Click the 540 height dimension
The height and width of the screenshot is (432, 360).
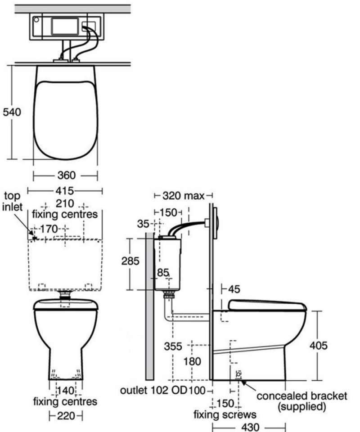click(x=12, y=112)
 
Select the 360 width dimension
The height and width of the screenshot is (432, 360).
click(x=67, y=175)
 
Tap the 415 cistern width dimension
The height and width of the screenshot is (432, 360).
click(x=65, y=191)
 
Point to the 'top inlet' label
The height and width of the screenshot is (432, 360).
click(x=12, y=202)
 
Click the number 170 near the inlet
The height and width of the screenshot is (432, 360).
click(x=49, y=229)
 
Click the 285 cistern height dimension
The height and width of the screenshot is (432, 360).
click(x=130, y=261)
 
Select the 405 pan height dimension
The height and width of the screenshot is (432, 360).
click(x=319, y=345)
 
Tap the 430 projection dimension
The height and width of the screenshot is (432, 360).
click(x=250, y=427)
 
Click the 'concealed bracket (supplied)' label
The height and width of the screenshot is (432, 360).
click(x=301, y=401)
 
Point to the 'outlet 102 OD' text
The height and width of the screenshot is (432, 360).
click(x=154, y=390)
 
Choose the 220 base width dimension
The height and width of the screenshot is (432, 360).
click(x=66, y=416)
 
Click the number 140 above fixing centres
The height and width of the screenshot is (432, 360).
click(x=66, y=391)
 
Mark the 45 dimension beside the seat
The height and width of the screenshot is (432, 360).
click(x=234, y=289)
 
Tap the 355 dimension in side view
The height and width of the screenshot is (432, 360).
click(x=173, y=346)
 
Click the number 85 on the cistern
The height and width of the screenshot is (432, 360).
click(x=163, y=273)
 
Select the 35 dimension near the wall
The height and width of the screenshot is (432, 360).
click(x=143, y=224)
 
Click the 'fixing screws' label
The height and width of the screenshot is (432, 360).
click(x=225, y=414)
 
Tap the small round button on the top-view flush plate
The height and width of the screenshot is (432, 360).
click(x=36, y=20)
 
